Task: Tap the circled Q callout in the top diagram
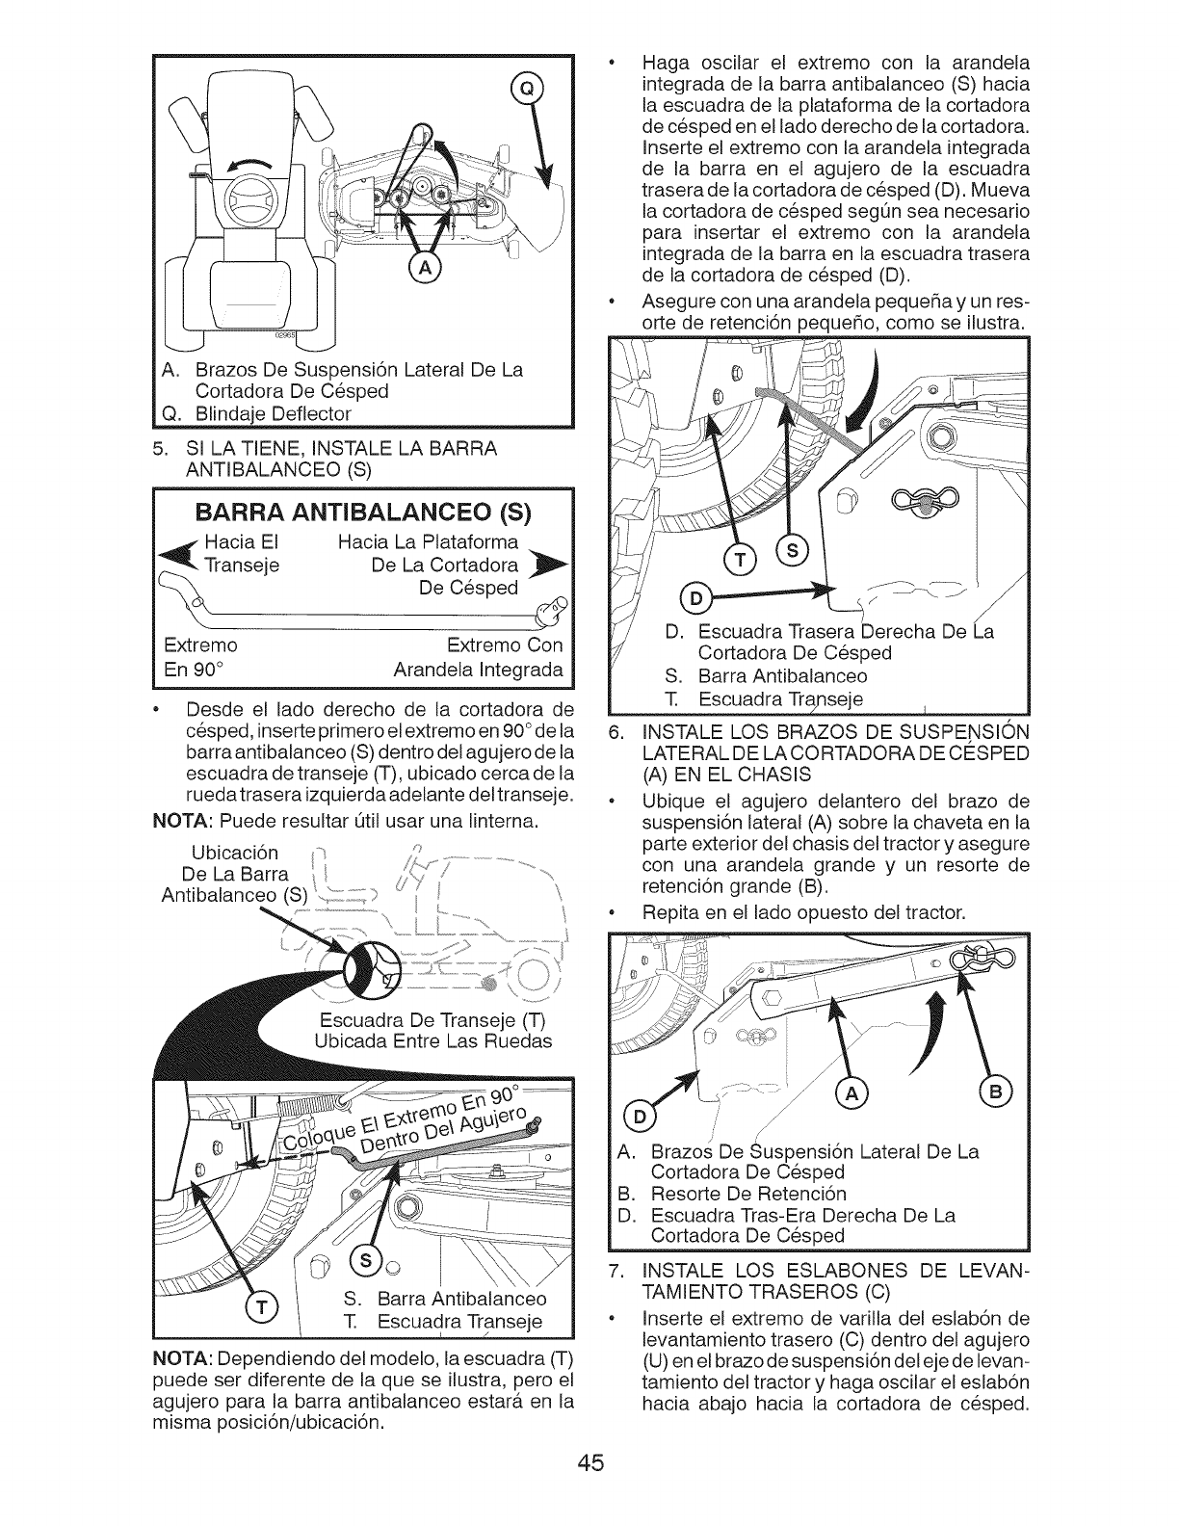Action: tap(526, 89)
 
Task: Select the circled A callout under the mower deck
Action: tap(423, 268)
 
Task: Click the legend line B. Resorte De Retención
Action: tap(731, 1195)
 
